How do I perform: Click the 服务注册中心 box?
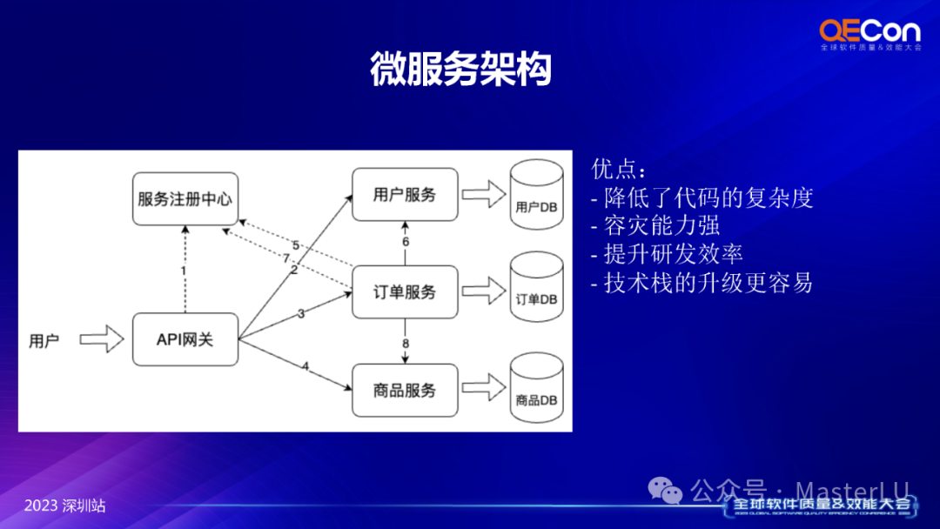[x=185, y=199]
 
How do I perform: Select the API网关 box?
[x=185, y=339]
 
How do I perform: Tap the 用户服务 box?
[x=405, y=194]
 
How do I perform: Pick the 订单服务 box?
[x=405, y=292]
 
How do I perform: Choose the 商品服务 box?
[x=405, y=391]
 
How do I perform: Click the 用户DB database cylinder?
[x=534, y=196]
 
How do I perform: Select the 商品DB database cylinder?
[x=534, y=389]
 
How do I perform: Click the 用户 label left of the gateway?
[x=44, y=341]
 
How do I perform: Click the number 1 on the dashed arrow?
[x=184, y=271]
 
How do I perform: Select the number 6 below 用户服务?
[x=406, y=242]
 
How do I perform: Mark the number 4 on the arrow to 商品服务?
[x=305, y=366]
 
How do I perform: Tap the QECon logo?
[x=869, y=36]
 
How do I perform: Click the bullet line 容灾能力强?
[x=661, y=226]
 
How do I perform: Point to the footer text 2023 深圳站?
[x=65, y=506]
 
